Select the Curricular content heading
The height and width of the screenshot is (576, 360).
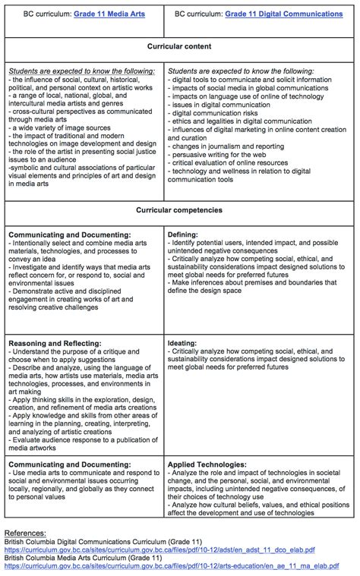tap(180, 46)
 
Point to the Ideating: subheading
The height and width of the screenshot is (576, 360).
tap(185, 343)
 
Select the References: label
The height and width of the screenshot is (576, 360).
tap(28, 533)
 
